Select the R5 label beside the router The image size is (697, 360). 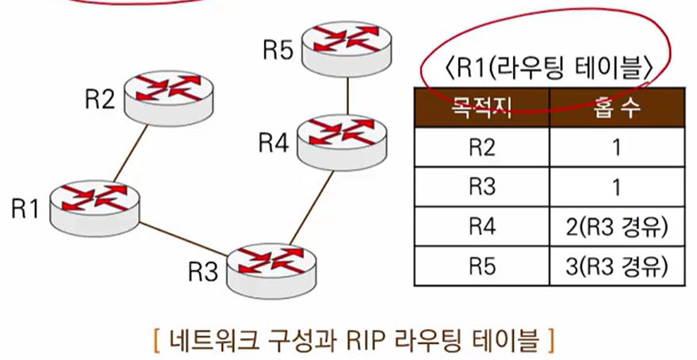click(x=278, y=51)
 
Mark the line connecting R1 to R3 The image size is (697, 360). click(x=184, y=237)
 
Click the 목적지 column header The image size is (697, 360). click(x=481, y=109)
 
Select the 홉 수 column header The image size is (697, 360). click(x=617, y=109)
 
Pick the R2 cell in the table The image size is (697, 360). click(x=481, y=147)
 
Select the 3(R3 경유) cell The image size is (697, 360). click(x=617, y=267)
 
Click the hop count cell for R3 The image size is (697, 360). click(x=617, y=188)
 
